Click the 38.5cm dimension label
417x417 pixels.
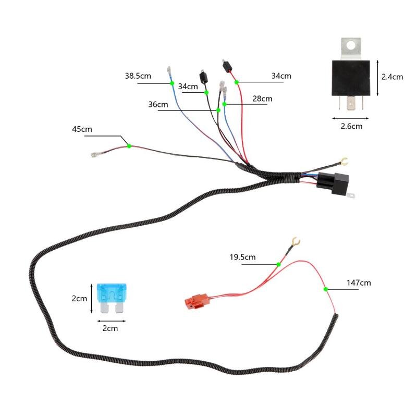[138, 76]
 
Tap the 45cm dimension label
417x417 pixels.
[81, 129]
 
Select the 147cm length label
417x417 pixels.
[359, 283]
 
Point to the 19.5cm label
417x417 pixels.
[243, 257]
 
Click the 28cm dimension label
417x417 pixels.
[262, 99]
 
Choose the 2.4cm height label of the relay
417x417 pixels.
[392, 77]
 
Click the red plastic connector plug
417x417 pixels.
[197, 301]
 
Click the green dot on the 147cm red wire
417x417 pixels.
[326, 289]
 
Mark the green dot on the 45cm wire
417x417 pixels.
[129, 146]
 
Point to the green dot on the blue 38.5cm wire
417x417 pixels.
[172, 83]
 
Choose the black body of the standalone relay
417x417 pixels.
[350, 77]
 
